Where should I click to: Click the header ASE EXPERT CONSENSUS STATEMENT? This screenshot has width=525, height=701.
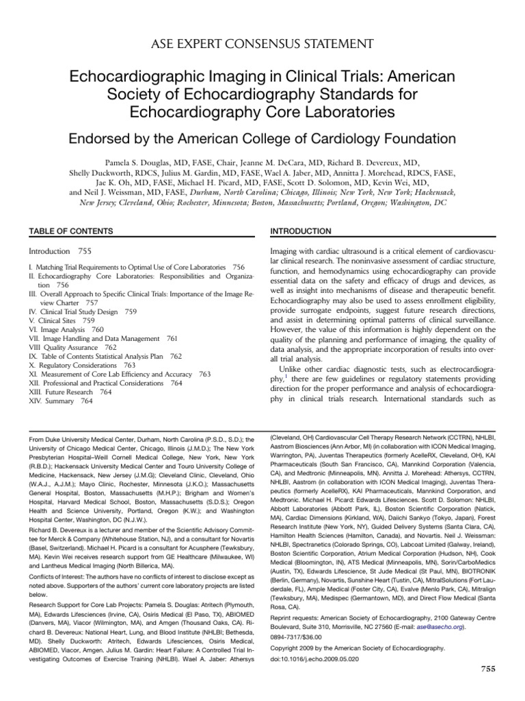(262, 44)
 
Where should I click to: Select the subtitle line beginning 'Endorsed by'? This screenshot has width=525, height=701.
(262, 139)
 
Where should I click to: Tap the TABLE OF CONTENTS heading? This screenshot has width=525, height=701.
(62, 231)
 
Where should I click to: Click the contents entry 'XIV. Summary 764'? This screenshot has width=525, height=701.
(61, 402)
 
